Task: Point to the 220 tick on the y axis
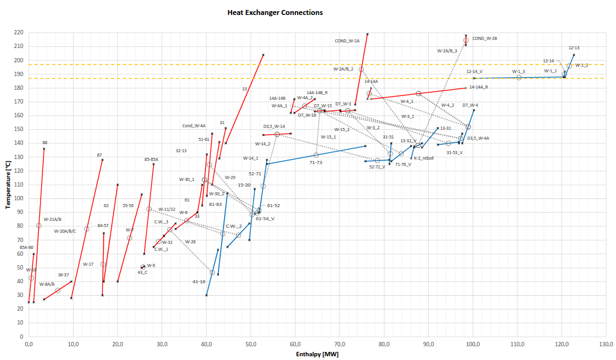19,32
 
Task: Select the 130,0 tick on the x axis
605,344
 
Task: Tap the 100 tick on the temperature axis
19,198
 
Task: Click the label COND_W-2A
347,41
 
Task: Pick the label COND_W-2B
485,38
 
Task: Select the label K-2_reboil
424,158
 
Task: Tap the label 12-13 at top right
574,48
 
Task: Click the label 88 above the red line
45,143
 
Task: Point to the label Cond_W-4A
194,125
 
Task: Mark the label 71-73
316,162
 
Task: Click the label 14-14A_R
479,87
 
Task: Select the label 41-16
199,281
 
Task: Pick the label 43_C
142,272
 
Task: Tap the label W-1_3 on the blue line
519,72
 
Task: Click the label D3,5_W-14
274,127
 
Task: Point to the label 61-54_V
265,218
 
